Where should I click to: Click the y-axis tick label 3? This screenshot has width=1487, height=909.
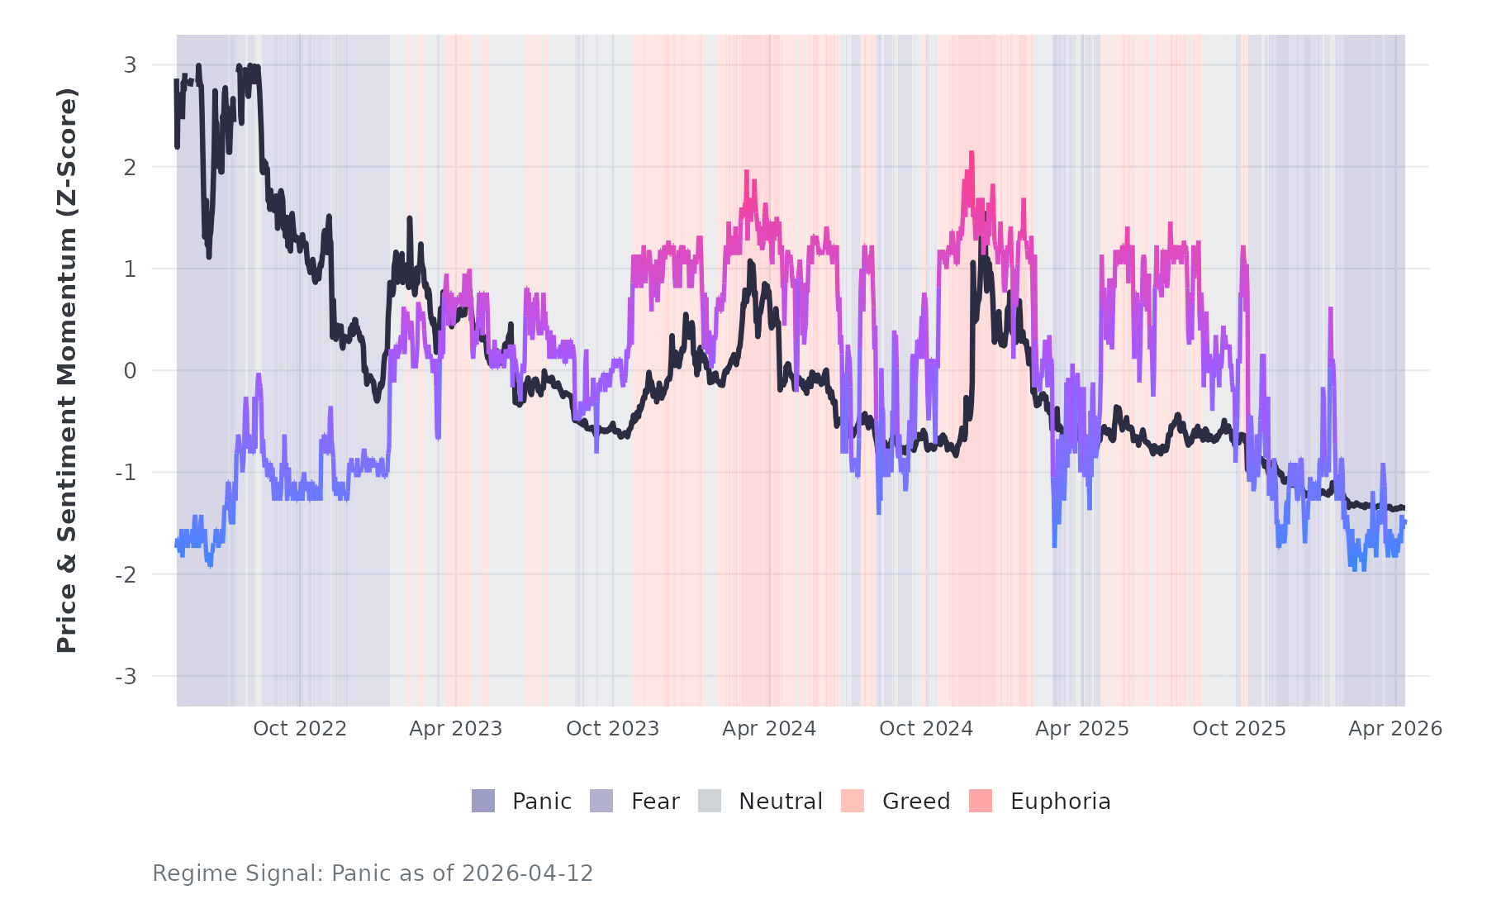coord(130,65)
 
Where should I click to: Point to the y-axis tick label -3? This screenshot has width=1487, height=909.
coord(126,677)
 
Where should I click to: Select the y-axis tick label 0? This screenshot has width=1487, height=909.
coord(130,371)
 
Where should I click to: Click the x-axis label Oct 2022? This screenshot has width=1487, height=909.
coord(300,729)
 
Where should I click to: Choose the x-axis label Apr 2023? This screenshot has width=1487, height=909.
coord(456,729)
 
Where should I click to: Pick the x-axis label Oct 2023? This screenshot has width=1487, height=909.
coord(613,729)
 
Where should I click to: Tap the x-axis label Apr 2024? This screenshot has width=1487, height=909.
coord(769,729)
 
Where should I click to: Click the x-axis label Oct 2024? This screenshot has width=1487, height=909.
coord(926,729)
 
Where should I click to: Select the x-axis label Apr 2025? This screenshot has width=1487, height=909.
coord(1082,729)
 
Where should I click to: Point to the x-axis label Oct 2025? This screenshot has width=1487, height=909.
coord(1239,729)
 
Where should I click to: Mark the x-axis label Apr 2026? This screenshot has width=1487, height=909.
coord(1395,729)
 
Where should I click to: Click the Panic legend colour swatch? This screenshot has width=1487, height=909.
coord(483,801)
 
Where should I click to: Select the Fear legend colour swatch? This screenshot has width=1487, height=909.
coord(601,801)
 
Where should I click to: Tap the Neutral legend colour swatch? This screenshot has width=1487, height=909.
coord(710,801)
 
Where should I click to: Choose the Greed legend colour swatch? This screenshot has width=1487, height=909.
coord(853,801)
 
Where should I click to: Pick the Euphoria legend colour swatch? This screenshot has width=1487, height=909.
coord(981,801)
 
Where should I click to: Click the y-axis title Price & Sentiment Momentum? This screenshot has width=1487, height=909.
coord(67,370)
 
